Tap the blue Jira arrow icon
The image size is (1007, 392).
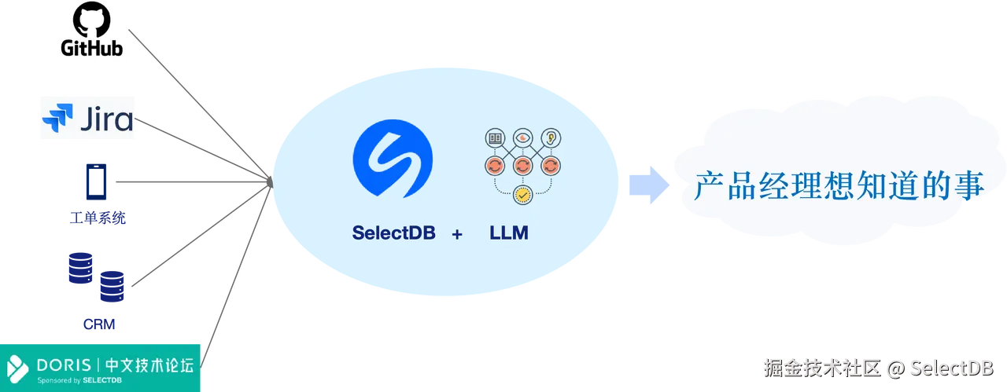pos(57,119)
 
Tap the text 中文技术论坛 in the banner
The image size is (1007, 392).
pos(149,365)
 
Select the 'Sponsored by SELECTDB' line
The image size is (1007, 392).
pos(79,380)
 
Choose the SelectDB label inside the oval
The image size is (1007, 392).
pos(393,233)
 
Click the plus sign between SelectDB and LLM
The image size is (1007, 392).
pos(457,234)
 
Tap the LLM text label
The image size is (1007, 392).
pos(509,233)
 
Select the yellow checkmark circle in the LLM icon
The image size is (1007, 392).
pos(521,193)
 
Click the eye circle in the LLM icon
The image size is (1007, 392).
pos(521,138)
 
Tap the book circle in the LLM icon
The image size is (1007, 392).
pos(494,138)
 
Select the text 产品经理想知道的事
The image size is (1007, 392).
pos(839,187)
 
